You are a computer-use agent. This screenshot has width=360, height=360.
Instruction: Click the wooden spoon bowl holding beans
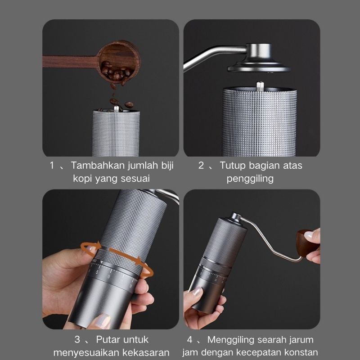tap(119, 62)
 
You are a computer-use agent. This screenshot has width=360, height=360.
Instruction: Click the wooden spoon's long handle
tap(71, 62)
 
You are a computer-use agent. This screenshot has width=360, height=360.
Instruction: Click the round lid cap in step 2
tap(259, 58)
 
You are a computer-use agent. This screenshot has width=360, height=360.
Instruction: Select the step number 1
tap(52, 165)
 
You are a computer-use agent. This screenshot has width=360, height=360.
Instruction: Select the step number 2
tap(201, 165)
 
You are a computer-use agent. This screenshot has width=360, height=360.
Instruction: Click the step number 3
tap(77, 340)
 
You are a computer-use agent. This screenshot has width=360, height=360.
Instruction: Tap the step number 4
tap(189, 340)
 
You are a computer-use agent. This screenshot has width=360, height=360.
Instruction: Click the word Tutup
tap(233, 166)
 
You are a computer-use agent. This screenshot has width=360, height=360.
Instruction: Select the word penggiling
tap(250, 179)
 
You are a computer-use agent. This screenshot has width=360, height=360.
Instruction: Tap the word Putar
tap(108, 340)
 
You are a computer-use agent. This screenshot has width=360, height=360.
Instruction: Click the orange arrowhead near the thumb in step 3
tap(98, 245)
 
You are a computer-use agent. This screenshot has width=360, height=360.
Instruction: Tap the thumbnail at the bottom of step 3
tap(103, 320)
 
